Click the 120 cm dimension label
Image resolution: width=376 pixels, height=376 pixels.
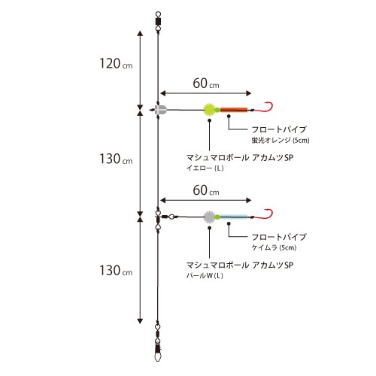116,63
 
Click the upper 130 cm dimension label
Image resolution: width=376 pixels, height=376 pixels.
116,159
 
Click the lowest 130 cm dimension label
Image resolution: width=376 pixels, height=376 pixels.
116,271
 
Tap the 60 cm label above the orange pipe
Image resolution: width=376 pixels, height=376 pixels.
206,83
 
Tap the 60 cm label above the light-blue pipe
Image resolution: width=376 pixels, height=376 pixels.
206,190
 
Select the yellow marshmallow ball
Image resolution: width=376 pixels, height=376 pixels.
209,110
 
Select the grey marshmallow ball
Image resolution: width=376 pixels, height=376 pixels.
209,217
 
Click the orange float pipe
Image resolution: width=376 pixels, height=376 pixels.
234,110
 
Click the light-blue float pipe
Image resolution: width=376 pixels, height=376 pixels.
234,217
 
